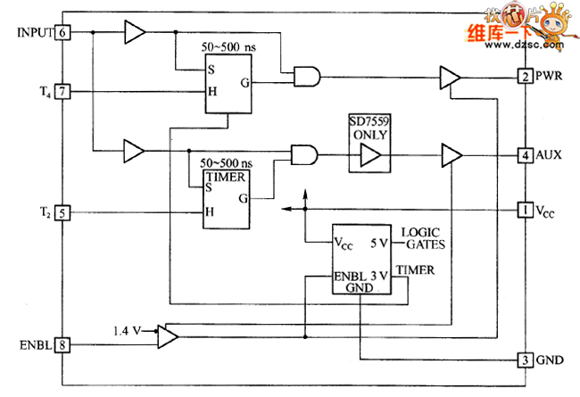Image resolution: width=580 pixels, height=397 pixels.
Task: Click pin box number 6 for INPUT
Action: [x=62, y=33]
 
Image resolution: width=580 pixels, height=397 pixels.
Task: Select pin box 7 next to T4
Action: [x=62, y=91]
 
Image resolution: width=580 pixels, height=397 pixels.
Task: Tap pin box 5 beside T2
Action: [x=62, y=212]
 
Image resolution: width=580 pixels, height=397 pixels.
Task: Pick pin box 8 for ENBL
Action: [x=62, y=344]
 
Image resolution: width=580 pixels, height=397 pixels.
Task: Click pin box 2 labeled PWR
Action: [x=526, y=76]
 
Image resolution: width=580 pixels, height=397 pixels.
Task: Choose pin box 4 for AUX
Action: [x=526, y=154]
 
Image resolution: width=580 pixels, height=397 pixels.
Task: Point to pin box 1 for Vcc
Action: [x=526, y=210]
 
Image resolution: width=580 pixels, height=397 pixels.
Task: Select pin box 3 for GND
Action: [x=526, y=360]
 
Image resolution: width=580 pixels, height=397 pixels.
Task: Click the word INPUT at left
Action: [x=35, y=33]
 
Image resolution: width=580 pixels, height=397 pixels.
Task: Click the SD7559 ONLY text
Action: [x=370, y=126]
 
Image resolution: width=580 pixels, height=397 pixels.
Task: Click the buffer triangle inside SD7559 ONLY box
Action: [x=369, y=156]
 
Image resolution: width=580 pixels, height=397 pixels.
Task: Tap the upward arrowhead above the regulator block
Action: [x=305, y=194]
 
